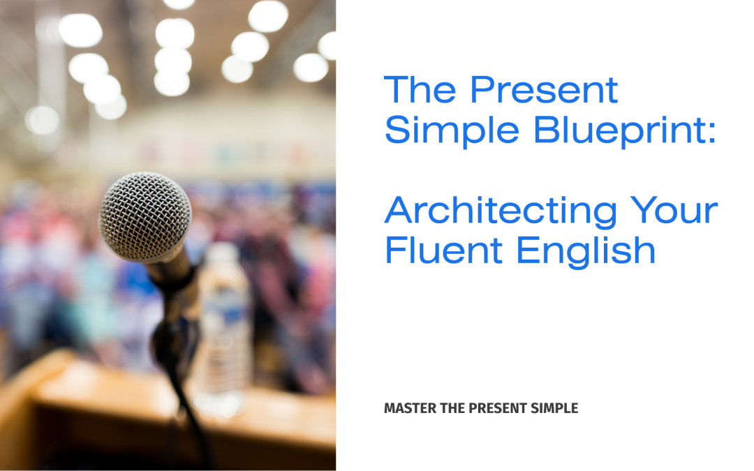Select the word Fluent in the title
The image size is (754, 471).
(x=444, y=251)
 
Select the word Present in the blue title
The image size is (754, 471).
(x=543, y=90)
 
